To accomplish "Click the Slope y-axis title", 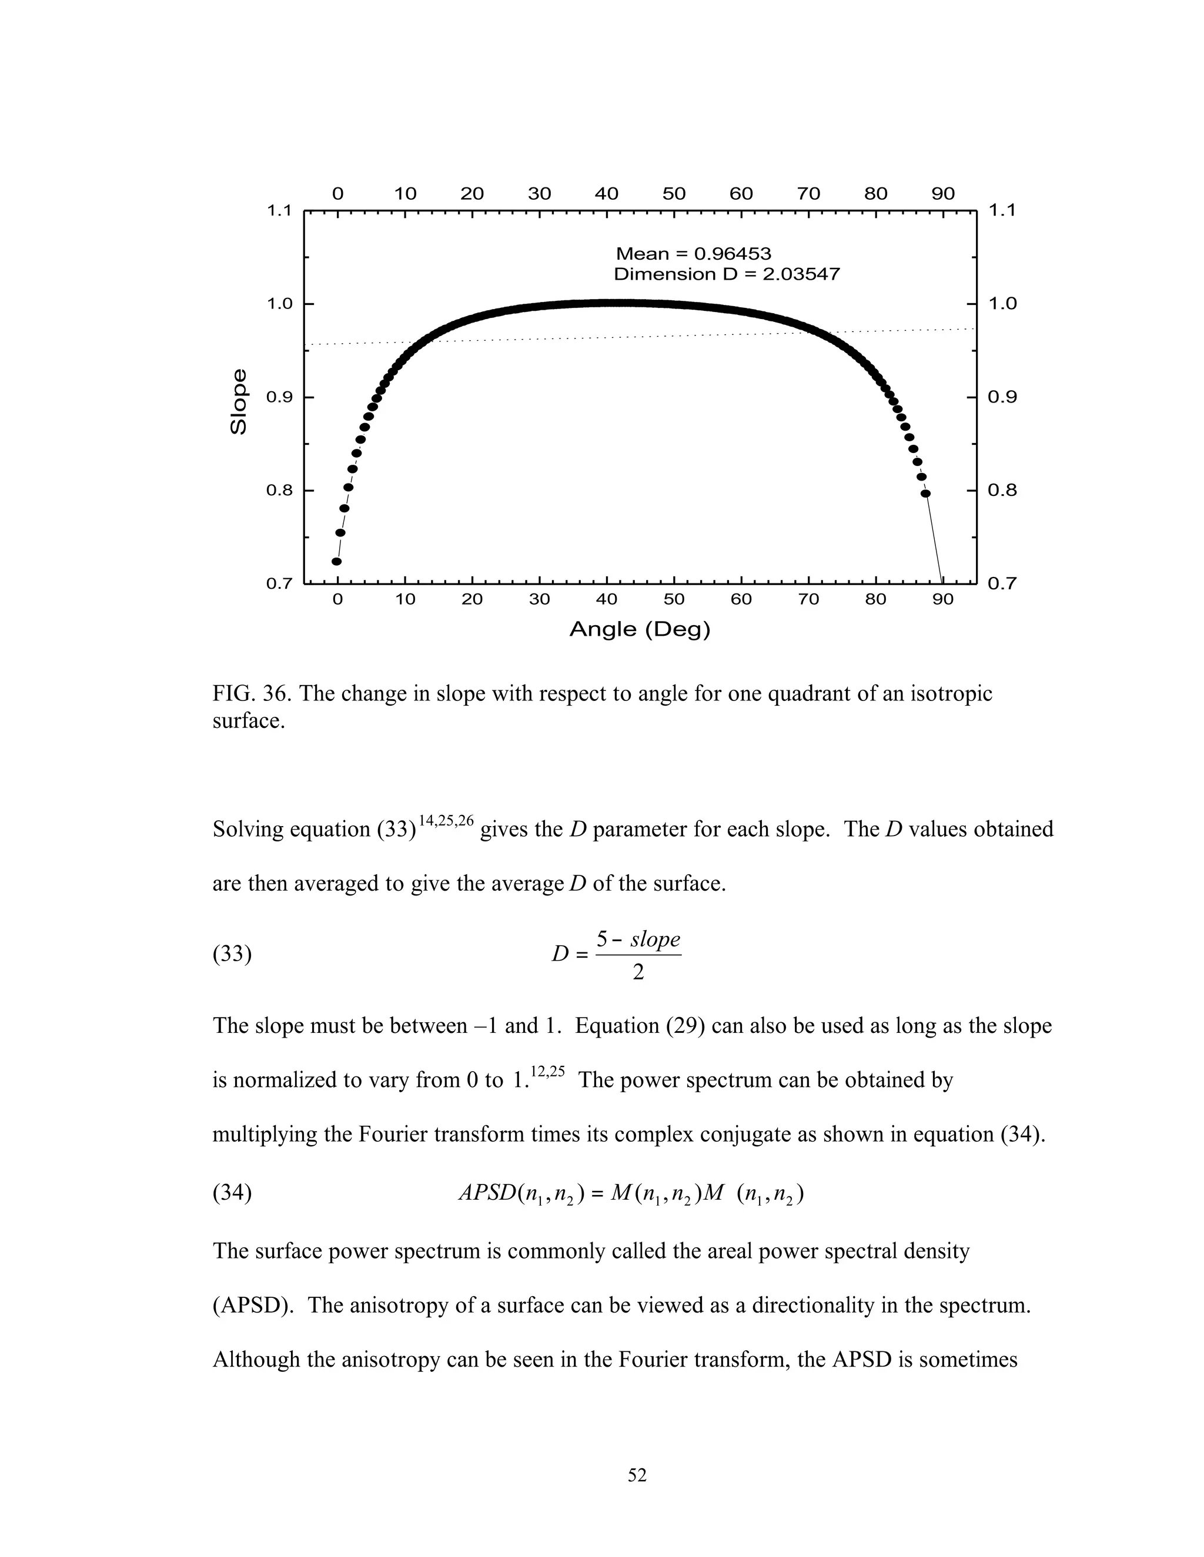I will (239, 401).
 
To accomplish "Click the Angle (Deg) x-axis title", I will (640, 629).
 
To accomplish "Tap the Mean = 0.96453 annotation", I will (693, 254).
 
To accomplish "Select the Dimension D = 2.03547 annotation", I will (727, 274).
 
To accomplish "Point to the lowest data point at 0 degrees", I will (337, 562).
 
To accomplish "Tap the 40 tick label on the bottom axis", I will (606, 599).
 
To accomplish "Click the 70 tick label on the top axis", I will (808, 194).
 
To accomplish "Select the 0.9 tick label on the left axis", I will (280, 397).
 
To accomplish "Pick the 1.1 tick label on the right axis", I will (1002, 210).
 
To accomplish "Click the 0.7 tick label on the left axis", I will (280, 584).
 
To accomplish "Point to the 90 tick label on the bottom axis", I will (943, 599).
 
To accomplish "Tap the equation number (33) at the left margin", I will (232, 954).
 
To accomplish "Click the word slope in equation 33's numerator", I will (655, 939).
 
